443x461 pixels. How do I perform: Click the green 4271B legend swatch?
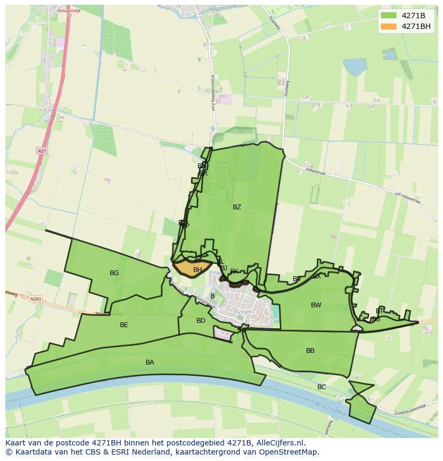389,16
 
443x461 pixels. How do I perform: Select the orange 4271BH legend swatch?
389,26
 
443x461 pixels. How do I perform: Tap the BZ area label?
237,207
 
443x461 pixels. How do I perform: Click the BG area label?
114,273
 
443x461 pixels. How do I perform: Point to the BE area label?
124,325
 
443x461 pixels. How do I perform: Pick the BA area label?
150,362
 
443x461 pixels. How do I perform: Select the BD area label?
201,321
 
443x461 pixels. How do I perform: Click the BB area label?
310,351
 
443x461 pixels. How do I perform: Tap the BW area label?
316,305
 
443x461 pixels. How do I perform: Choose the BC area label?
322,387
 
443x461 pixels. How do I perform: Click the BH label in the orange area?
197,270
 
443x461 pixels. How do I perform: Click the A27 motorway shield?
42,152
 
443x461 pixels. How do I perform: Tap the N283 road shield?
36,299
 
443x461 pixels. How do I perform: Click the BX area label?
317,276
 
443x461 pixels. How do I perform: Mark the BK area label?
234,271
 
